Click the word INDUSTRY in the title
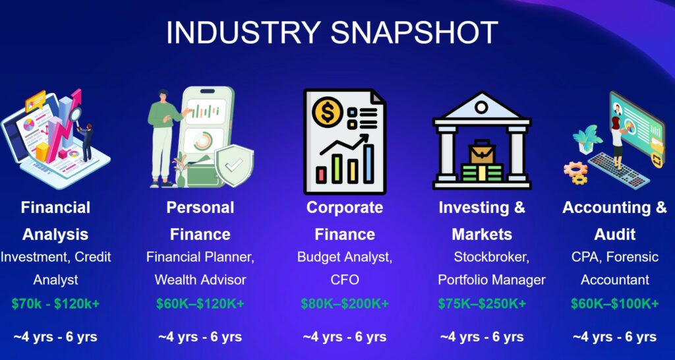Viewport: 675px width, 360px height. click(x=243, y=32)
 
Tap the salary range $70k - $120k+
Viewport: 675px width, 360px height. click(x=55, y=303)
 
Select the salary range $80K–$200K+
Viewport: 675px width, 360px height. click(x=345, y=303)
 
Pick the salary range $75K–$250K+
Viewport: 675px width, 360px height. click(x=482, y=303)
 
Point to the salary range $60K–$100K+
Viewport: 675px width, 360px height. click(x=615, y=303)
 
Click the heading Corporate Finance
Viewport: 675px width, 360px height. click(x=345, y=221)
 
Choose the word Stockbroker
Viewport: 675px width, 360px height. click(x=491, y=258)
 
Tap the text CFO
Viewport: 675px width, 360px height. click(x=345, y=280)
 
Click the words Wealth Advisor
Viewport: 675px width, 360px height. click(x=200, y=280)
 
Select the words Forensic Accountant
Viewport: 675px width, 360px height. click(x=615, y=269)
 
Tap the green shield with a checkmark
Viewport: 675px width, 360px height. click(x=234, y=165)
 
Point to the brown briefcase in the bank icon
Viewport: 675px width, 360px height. click(x=482, y=152)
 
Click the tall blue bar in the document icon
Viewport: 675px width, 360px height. click(x=368, y=164)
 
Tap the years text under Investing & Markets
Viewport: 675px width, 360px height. click(x=482, y=336)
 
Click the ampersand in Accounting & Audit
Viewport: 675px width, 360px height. click(x=660, y=208)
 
